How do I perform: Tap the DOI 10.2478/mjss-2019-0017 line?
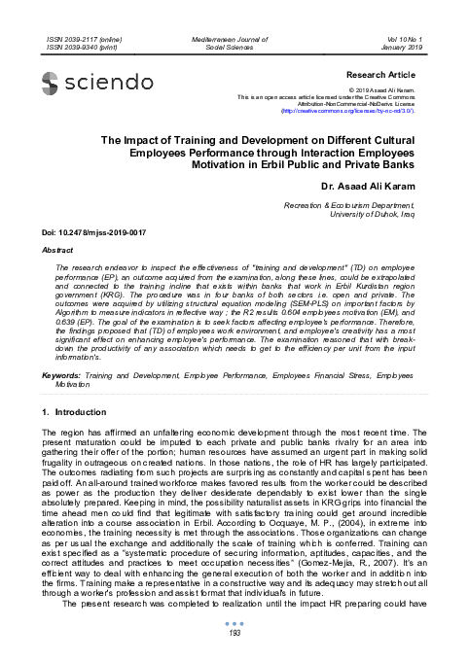pos(91,233)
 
